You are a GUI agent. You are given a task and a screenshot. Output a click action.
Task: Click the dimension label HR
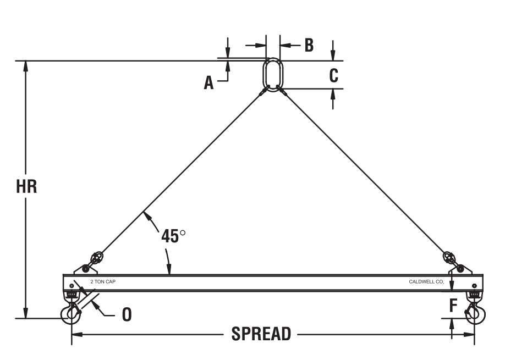coord(26,187)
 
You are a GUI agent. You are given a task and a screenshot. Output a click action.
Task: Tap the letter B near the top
coord(309,46)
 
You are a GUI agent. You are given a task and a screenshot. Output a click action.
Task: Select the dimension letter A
coord(208,82)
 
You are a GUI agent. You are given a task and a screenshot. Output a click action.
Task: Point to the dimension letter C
coord(334,76)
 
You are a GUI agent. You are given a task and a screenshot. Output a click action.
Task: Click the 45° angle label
coord(173,236)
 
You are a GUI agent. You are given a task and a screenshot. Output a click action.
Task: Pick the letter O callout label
coord(127,314)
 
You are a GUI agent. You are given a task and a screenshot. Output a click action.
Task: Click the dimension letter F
coord(453,306)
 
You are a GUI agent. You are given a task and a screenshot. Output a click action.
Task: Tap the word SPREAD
coord(261,334)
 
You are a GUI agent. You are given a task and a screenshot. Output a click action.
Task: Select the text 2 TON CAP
coord(103,282)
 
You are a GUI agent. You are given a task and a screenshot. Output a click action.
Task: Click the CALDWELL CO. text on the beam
coord(426,282)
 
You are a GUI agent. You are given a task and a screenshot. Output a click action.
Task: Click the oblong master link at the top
coord(273,75)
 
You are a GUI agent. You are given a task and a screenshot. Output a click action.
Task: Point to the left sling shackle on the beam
coord(94,262)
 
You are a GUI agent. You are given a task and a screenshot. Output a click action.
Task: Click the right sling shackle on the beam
coord(453,262)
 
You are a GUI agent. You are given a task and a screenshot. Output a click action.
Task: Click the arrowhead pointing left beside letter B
coord(286,46)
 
